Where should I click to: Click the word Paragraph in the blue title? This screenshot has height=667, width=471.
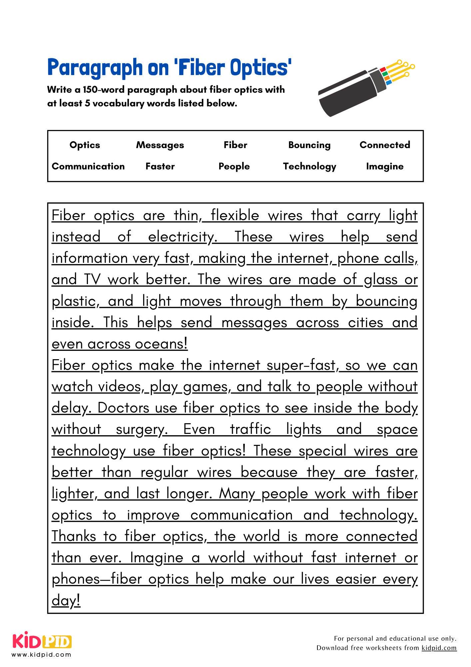[x=95, y=68]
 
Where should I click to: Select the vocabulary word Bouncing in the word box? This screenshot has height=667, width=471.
[x=309, y=145]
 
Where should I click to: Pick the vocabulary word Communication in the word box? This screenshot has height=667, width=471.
[x=88, y=166]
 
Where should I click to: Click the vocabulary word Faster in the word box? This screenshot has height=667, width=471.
[x=160, y=166]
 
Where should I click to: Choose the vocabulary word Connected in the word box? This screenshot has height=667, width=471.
[x=385, y=145]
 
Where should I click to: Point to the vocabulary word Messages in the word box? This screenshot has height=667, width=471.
[x=160, y=145]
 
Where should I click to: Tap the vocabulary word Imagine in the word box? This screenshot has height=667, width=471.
[x=385, y=166]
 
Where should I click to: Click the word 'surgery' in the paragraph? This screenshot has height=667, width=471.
[x=141, y=430]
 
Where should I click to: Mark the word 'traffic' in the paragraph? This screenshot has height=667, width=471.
[x=250, y=430]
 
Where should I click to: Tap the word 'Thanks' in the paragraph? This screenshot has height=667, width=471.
[x=74, y=537]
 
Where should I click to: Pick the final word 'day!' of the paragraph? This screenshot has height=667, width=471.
[x=66, y=601]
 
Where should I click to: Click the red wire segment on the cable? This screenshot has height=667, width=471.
[x=383, y=69]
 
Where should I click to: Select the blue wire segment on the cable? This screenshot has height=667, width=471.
[x=388, y=82]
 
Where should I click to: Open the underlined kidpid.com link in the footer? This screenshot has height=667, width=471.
[x=439, y=648]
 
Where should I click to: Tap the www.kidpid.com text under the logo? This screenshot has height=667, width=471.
[x=42, y=655]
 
